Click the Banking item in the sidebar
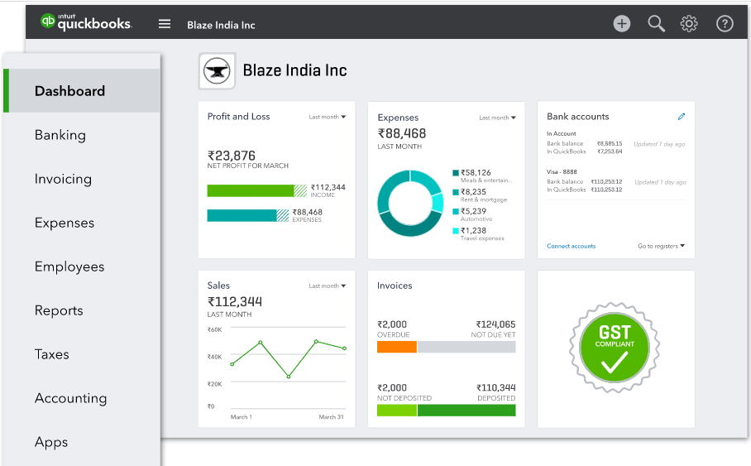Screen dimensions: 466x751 click(60, 135)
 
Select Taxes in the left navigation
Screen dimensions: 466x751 click(51, 354)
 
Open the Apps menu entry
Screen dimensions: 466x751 click(50, 442)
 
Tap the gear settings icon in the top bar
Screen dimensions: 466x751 click(689, 24)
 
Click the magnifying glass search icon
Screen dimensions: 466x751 click(656, 24)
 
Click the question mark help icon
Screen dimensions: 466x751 click(725, 24)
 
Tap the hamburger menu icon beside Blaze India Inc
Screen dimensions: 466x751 click(165, 24)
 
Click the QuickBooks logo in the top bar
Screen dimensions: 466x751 click(86, 23)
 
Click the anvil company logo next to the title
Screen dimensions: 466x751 click(218, 71)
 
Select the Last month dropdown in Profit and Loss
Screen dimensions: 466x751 click(328, 117)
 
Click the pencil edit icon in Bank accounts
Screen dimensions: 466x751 click(681, 117)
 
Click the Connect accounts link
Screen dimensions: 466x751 click(571, 246)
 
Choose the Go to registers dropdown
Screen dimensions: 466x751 click(661, 246)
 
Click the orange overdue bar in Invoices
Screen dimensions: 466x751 click(396, 348)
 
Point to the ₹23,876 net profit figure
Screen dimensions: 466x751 click(232, 156)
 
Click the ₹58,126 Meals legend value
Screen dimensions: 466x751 click(476, 173)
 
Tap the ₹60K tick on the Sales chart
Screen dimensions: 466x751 click(214, 329)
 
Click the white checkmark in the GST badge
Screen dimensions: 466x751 click(614, 361)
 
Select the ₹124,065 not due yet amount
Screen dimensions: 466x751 click(495, 324)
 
